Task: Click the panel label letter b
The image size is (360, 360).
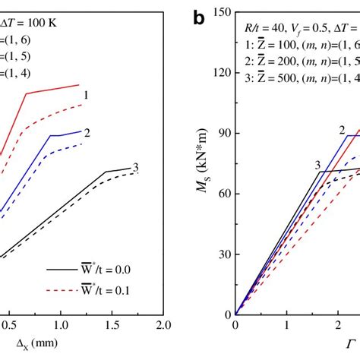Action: (200, 17)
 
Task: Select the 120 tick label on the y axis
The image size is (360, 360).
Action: (219, 72)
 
